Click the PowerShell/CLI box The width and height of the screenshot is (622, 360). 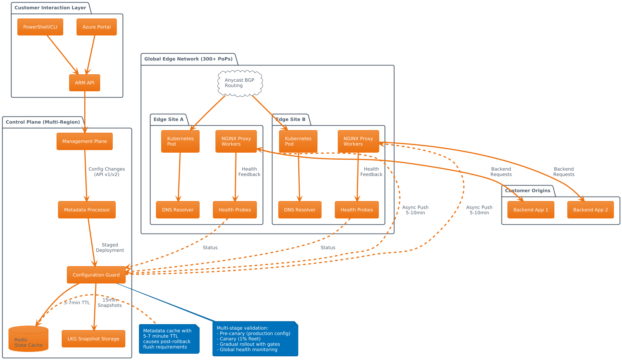(40, 27)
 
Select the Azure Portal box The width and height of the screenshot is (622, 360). (96, 27)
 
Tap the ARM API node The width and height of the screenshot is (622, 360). (84, 83)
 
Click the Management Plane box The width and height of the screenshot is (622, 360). (84, 141)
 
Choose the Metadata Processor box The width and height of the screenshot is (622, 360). (87, 210)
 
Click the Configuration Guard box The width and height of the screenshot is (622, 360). (96, 275)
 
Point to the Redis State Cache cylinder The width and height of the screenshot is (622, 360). (28, 339)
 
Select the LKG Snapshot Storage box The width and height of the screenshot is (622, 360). (93, 339)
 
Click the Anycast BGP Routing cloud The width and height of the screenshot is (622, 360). (240, 83)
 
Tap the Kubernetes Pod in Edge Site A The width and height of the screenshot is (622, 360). (180, 141)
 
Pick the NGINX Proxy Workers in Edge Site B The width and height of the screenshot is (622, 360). (358, 141)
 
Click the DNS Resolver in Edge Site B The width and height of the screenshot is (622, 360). (299, 210)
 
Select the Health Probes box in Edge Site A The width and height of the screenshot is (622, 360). (235, 210)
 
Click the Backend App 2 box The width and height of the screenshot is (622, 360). (590, 210)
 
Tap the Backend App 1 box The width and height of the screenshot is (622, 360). (531, 210)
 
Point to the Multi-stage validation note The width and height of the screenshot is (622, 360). (255, 339)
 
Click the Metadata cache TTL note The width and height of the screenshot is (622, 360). (169, 339)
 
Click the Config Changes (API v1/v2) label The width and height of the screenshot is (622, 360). (106, 171)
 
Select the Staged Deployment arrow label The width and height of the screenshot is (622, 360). (110, 247)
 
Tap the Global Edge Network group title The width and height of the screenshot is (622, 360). (188, 59)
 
